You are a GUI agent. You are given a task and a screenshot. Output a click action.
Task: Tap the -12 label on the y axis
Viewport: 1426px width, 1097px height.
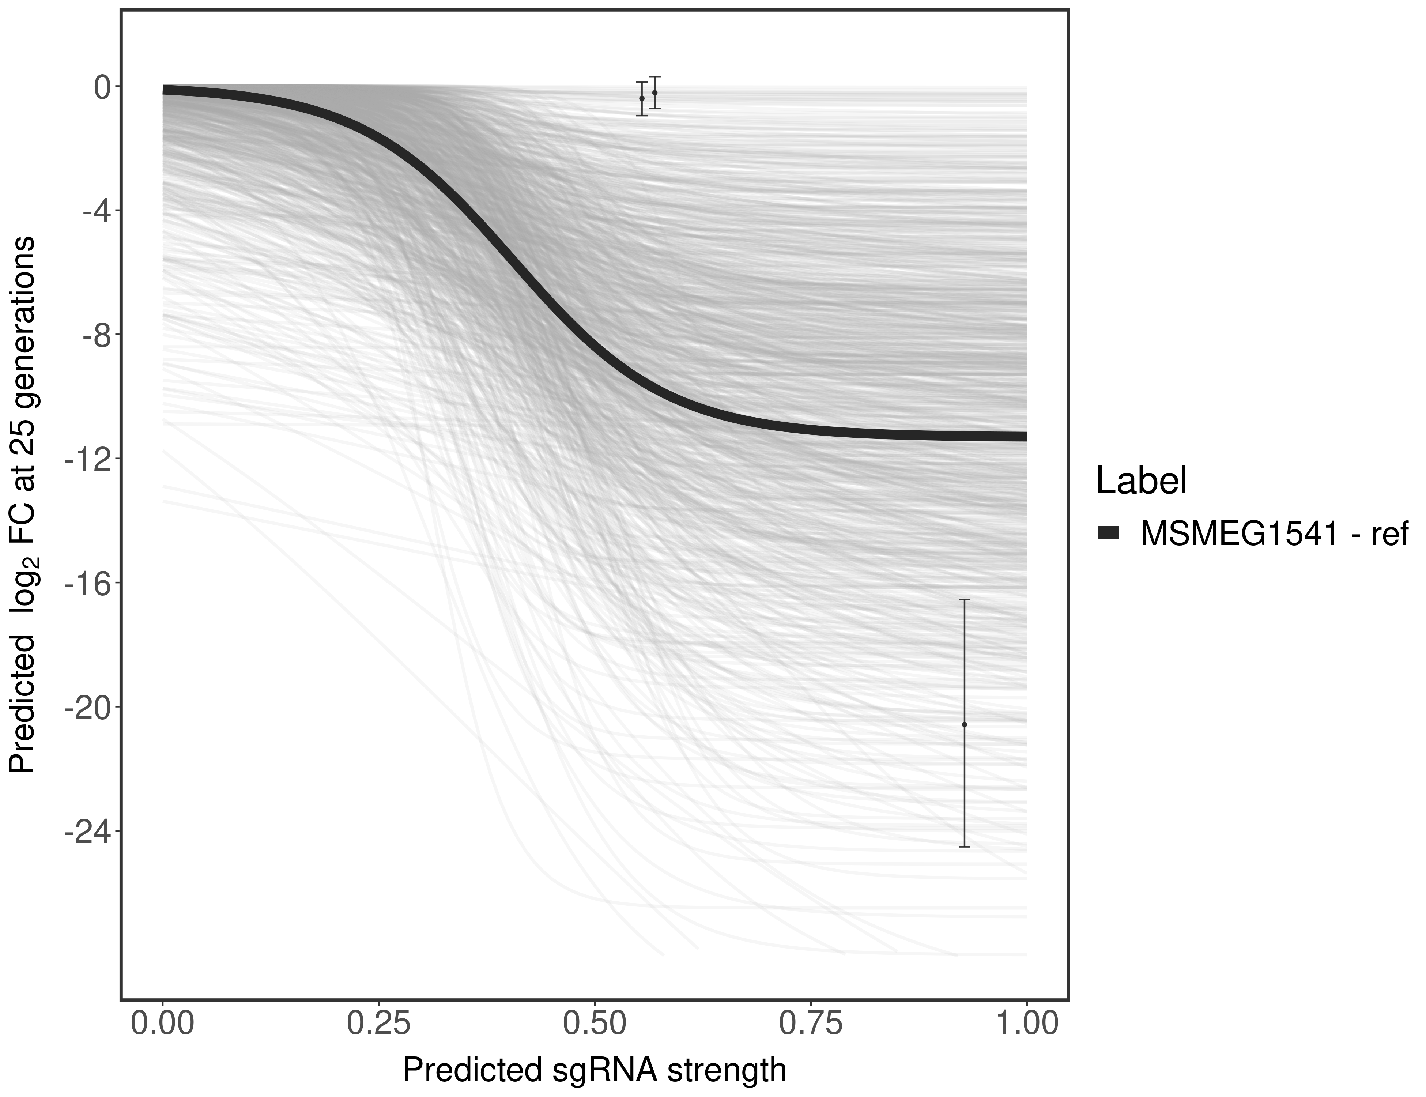tap(87, 459)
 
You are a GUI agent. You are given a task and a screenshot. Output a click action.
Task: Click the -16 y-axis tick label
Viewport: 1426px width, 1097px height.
tap(87, 583)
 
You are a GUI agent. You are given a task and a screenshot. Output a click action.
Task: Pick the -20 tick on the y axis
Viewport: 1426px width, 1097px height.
tap(87, 707)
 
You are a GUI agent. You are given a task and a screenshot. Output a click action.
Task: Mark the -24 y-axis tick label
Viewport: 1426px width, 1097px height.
tap(87, 831)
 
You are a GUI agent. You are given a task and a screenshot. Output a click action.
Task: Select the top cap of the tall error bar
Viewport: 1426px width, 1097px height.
tap(965, 599)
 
